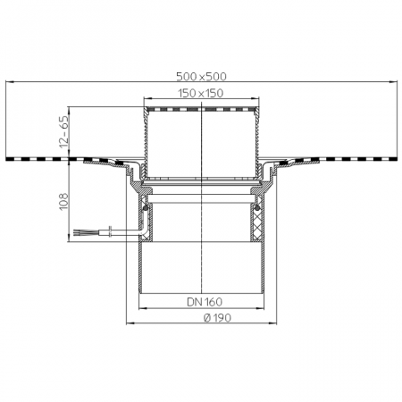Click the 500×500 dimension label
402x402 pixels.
(201, 77)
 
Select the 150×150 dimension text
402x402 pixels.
(201, 93)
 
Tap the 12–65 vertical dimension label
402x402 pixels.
(64, 131)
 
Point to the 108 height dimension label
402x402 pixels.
(64, 202)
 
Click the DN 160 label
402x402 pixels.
(205, 302)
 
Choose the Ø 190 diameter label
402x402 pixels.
(217, 318)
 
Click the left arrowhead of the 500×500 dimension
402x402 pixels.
(10, 81)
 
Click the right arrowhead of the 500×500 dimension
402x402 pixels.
(393, 81)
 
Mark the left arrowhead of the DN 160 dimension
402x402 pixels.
(143, 308)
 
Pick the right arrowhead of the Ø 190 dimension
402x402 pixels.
(273, 323)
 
